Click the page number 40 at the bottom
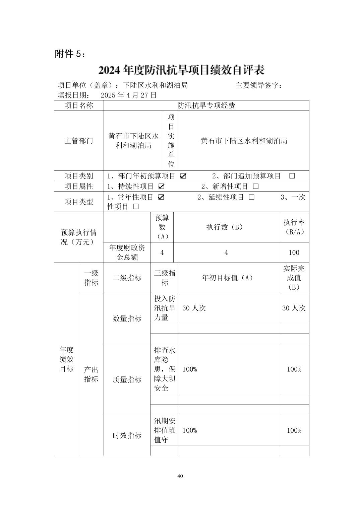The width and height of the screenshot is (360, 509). [x=180, y=476]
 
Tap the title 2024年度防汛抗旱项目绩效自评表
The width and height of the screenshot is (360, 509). [x=181, y=70]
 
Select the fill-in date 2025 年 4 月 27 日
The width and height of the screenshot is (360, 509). [x=129, y=95]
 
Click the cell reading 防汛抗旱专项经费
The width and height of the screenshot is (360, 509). [x=206, y=106]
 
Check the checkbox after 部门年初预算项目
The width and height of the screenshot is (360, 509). [x=183, y=176]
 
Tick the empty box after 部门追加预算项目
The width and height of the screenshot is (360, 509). [x=292, y=176]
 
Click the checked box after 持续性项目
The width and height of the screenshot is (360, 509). [x=161, y=187]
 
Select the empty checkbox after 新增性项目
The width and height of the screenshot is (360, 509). [x=256, y=187]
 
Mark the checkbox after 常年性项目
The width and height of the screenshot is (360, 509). [x=161, y=197]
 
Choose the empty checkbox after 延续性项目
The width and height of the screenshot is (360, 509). [x=251, y=197]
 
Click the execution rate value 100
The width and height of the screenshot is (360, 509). [x=294, y=253]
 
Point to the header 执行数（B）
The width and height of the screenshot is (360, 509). [x=226, y=227]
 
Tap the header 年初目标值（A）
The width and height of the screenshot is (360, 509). [x=229, y=278]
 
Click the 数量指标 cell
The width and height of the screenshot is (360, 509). [x=127, y=318]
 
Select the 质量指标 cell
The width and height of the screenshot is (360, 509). [x=127, y=379]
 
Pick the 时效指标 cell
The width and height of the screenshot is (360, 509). [x=127, y=435]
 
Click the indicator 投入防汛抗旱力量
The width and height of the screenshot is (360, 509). [x=165, y=308]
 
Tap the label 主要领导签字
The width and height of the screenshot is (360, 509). [x=258, y=86]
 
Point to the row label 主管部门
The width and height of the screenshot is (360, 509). [x=79, y=141]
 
